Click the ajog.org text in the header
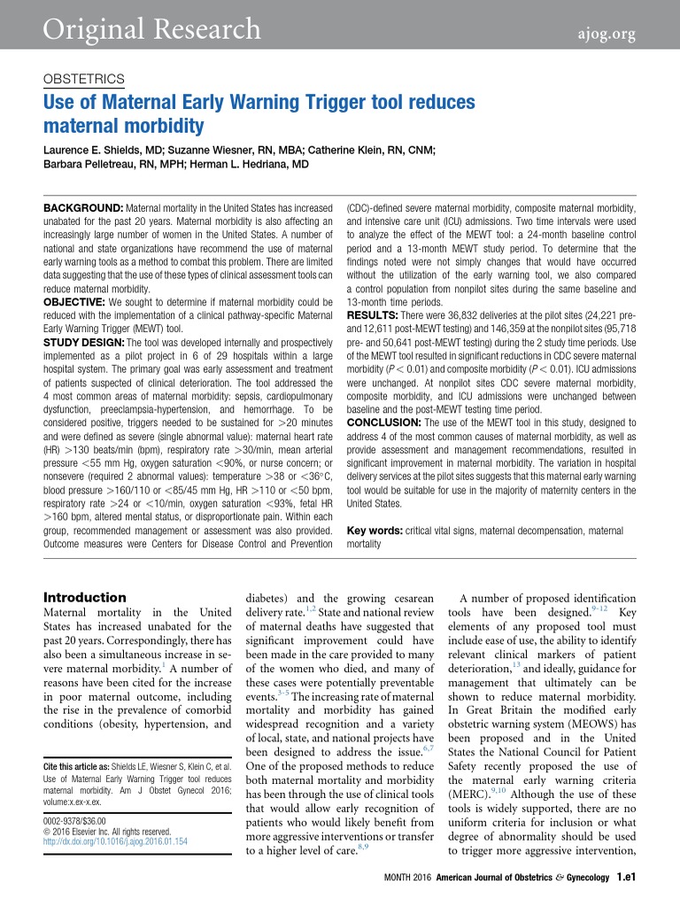tap(612, 33)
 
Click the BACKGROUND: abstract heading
tap(84, 206)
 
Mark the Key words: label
tap(374, 531)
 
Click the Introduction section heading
tap(85, 597)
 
